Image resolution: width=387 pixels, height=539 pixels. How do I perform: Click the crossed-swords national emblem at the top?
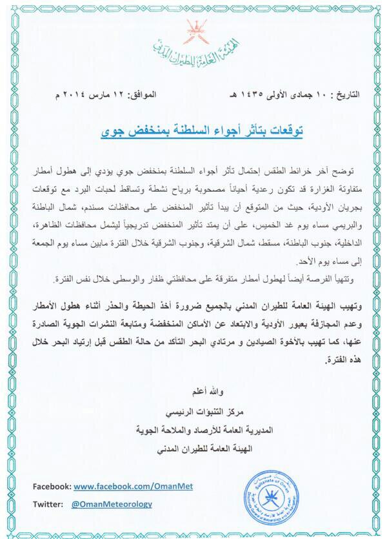coord(192,30)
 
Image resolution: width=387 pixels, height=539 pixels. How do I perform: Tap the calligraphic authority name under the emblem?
coord(192,47)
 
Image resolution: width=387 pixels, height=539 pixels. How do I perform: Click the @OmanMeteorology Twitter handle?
coord(112,504)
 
